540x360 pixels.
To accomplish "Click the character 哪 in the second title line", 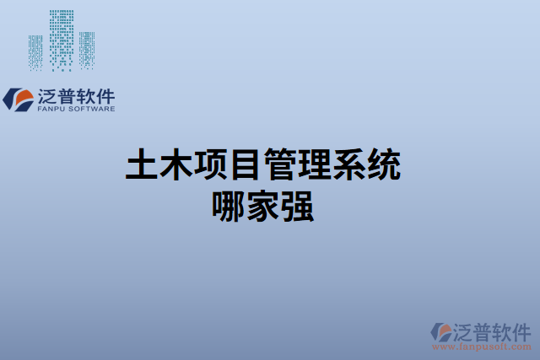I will (229, 207).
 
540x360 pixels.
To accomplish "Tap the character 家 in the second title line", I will (263, 207).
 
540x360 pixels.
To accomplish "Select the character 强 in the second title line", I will (298, 207).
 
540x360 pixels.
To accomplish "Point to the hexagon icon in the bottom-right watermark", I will (440, 332).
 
